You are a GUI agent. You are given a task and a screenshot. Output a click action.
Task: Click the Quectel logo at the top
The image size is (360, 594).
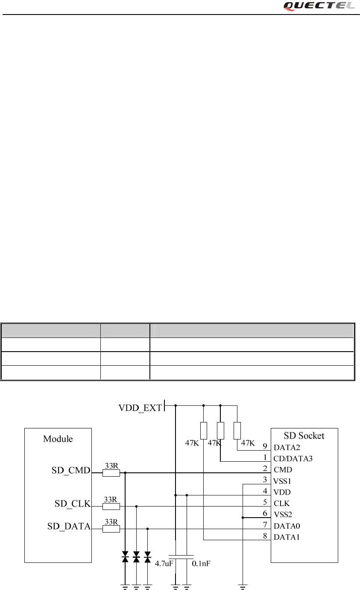[319, 6]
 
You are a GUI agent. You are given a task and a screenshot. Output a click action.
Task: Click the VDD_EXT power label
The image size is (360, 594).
[140, 408]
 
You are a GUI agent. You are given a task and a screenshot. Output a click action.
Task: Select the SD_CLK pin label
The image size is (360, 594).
[73, 504]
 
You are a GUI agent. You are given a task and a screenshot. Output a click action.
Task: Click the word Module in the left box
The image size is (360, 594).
[58, 439]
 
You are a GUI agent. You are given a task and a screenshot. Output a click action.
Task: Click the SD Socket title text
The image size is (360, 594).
[304, 436]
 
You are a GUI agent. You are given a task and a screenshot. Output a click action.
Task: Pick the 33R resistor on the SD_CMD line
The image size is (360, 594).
[111, 473]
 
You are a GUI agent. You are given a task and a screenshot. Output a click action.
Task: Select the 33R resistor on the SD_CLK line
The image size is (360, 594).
[111, 507]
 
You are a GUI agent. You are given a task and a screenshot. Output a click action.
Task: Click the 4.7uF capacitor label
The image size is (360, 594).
[164, 563]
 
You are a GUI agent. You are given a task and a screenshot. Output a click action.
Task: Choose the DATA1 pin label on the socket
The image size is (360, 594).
[287, 537]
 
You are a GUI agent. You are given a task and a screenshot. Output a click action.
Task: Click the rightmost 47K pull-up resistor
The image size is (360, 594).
[237, 430]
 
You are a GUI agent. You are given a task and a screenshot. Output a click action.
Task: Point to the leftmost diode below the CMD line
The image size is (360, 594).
[125, 556]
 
